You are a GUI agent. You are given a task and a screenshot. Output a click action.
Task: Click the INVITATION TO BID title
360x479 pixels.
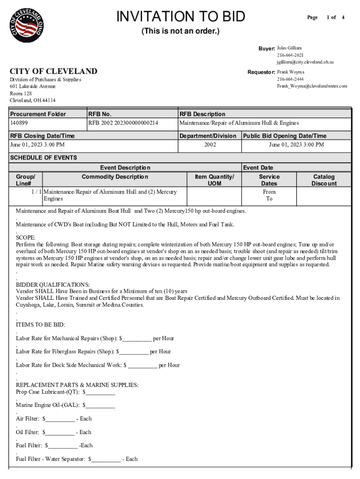point(180,17)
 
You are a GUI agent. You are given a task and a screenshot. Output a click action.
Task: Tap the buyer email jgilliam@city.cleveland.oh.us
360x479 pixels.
point(305,62)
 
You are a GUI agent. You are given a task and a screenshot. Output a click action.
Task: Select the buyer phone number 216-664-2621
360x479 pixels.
point(290,55)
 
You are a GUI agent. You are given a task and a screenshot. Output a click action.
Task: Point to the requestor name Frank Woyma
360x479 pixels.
point(290,72)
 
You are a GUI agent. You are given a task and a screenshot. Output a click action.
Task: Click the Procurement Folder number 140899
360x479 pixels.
point(19,123)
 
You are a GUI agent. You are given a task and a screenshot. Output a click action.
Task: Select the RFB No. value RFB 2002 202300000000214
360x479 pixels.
point(123,123)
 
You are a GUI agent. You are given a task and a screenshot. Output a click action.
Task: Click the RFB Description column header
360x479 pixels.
point(202,114)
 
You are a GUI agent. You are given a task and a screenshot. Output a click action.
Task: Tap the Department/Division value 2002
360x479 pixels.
point(210,145)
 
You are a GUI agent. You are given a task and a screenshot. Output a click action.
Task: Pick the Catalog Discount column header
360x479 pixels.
point(324,180)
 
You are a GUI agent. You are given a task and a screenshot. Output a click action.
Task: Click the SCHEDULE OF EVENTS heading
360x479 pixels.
point(43,158)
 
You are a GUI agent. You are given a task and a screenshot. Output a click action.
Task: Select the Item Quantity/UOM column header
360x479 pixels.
point(214,180)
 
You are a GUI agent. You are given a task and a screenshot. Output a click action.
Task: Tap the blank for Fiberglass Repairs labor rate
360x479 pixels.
point(134,352)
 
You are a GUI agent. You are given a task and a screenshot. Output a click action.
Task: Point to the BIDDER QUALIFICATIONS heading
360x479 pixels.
point(52,284)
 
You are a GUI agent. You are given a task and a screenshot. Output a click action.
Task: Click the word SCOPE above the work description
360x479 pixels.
point(25,238)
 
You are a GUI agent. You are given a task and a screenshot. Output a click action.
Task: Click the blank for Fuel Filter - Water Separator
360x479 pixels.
point(106,459)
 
